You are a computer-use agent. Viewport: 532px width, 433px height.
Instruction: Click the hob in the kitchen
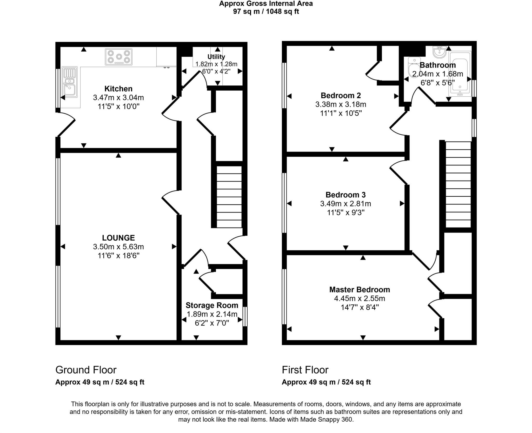tap(119, 57)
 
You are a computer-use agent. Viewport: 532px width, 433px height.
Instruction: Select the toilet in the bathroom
tap(412, 67)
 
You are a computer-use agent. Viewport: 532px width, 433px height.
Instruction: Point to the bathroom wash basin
tap(440, 52)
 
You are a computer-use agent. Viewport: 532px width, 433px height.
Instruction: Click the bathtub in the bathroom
tap(460, 74)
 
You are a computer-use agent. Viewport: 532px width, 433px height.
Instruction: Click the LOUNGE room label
tap(118, 238)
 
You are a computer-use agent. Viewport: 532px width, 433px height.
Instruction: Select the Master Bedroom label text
tap(360, 289)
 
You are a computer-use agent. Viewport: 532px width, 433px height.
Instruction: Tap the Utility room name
tap(216, 57)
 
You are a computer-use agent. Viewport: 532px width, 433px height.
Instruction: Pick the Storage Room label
tap(212, 305)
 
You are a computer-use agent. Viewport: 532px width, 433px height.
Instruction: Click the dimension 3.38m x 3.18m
tap(341, 104)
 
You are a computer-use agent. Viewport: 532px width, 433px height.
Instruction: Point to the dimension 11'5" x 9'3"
tap(345, 212)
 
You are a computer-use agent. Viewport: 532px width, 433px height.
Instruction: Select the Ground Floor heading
tap(86, 370)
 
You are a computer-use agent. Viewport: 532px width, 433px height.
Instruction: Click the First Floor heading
tap(305, 370)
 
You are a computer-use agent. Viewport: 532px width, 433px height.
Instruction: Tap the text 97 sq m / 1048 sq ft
tap(266, 12)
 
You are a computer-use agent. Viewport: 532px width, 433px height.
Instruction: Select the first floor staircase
tap(458, 184)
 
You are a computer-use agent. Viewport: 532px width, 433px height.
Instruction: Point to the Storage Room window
tap(245, 316)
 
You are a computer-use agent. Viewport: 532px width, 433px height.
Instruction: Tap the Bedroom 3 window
tap(284, 203)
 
